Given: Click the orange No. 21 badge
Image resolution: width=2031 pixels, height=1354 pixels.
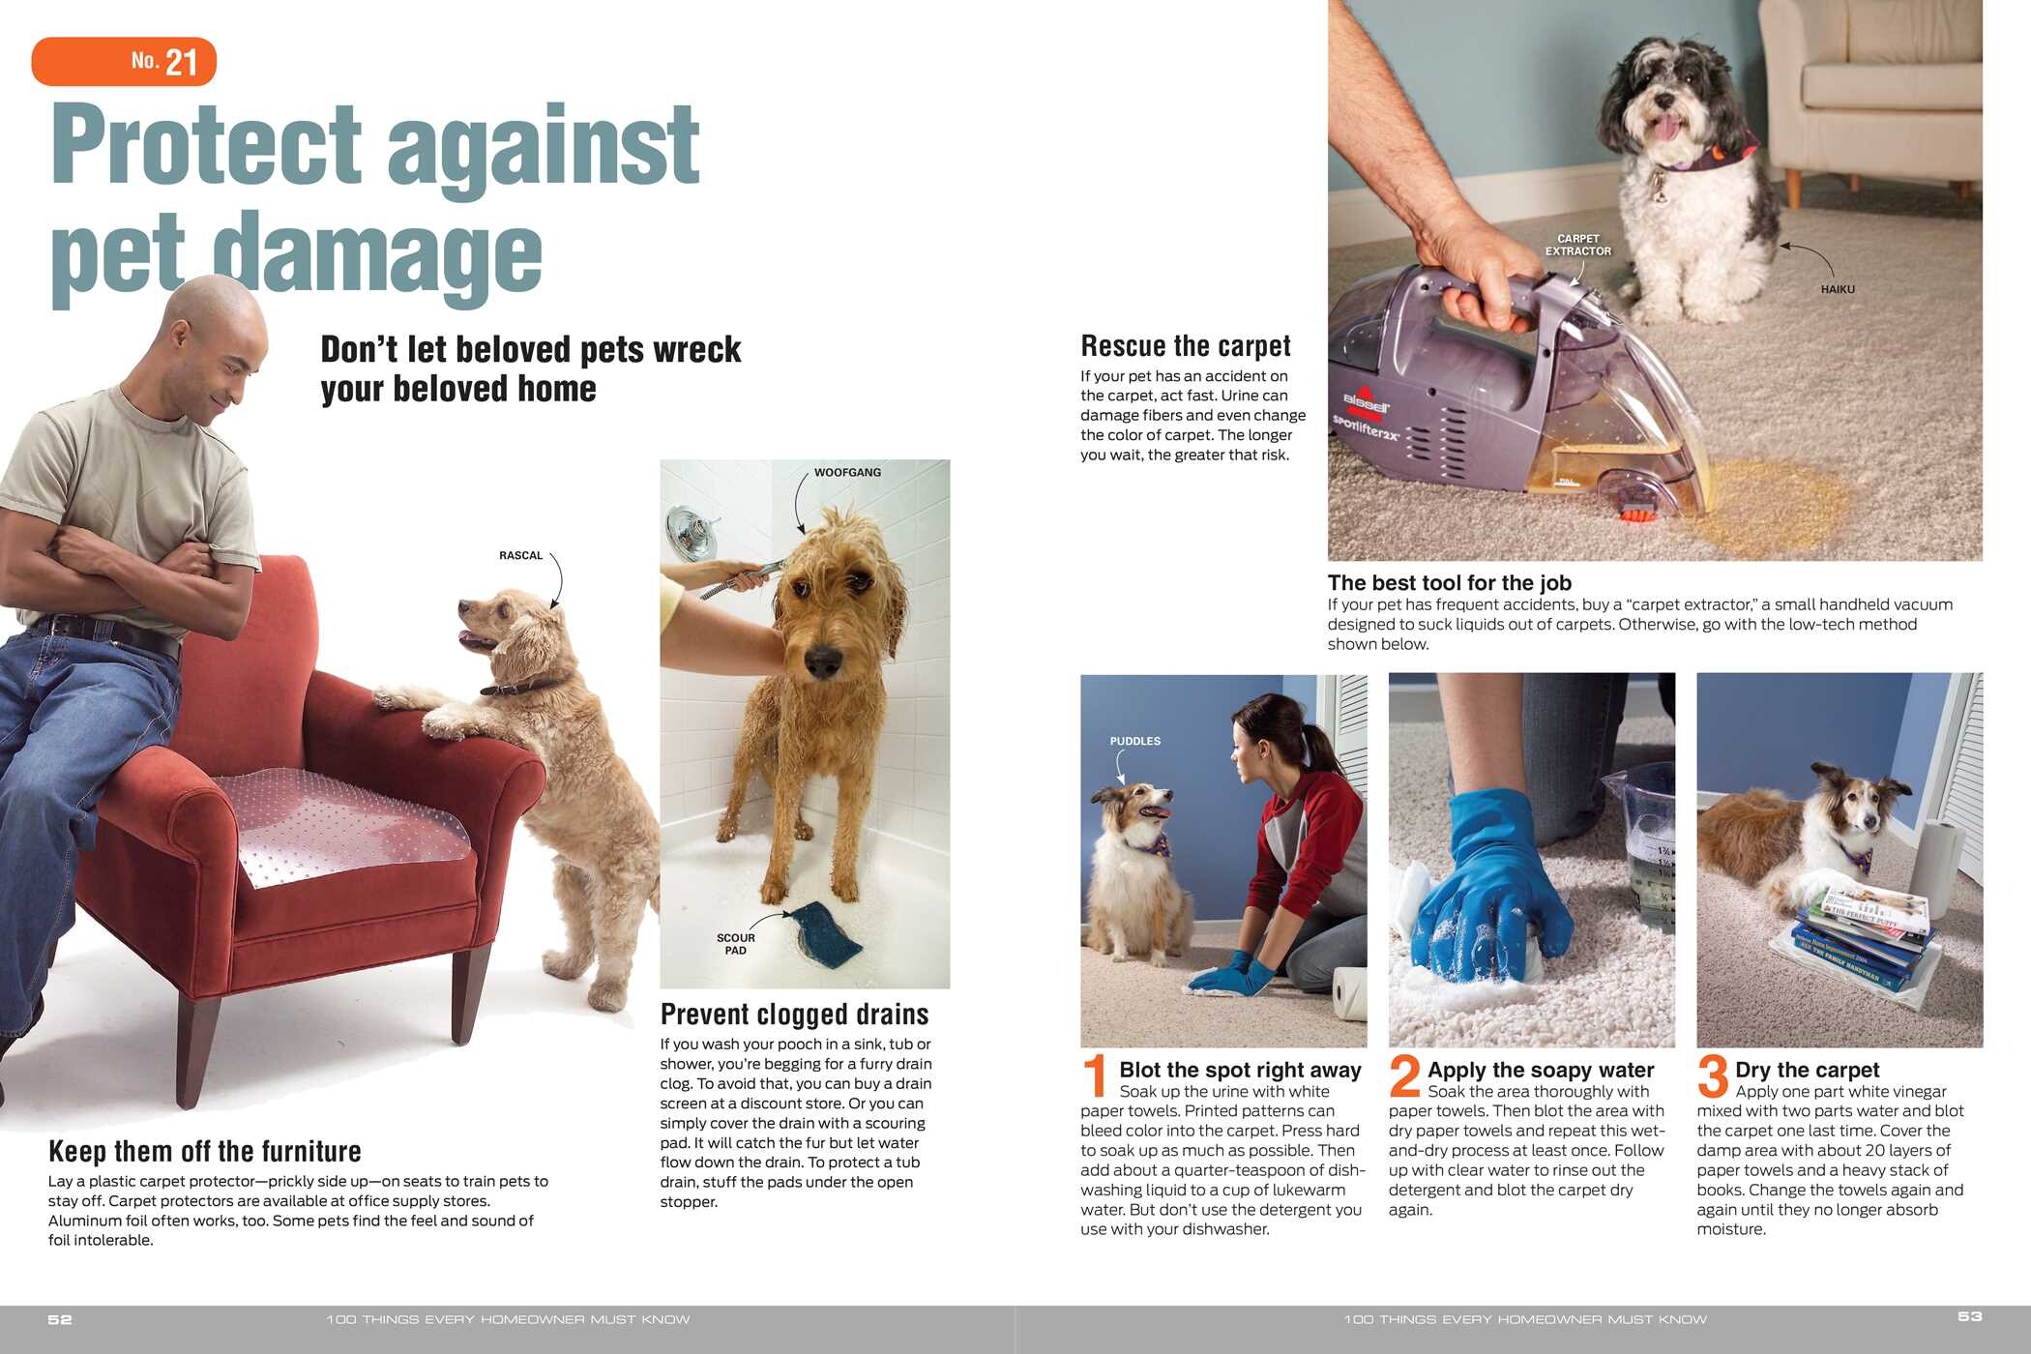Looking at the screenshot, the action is click(124, 61).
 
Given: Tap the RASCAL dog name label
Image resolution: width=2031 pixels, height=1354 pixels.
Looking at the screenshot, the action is click(520, 555).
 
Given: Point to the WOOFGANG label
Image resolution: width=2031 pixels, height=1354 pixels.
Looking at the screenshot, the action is click(847, 472).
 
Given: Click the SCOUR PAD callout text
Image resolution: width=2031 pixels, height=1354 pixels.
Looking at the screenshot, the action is click(735, 944).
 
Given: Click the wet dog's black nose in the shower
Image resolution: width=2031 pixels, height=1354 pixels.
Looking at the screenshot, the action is click(822, 662).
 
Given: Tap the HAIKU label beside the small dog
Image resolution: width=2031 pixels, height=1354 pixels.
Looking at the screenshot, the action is click(1838, 289).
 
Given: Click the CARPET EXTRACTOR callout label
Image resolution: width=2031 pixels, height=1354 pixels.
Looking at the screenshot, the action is click(1577, 245).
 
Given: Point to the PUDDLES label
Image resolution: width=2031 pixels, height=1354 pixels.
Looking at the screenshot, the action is click(1134, 741).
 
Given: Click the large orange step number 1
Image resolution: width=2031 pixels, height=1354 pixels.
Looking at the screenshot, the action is click(1096, 1076).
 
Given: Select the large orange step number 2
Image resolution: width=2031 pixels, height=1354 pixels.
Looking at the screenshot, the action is click(1404, 1075).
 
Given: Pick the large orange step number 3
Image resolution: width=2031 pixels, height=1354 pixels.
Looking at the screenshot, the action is click(1713, 1075).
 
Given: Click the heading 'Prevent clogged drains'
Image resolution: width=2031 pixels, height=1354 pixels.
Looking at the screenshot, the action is click(794, 1014).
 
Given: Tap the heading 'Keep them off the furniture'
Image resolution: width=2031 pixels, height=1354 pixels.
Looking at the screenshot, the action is click(205, 1151).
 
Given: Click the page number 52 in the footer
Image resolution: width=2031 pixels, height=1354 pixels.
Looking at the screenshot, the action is click(60, 1319).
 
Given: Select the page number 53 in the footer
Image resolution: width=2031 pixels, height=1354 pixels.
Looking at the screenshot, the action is click(1970, 1316).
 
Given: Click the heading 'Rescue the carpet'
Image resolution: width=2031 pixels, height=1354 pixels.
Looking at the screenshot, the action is click(1186, 345).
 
